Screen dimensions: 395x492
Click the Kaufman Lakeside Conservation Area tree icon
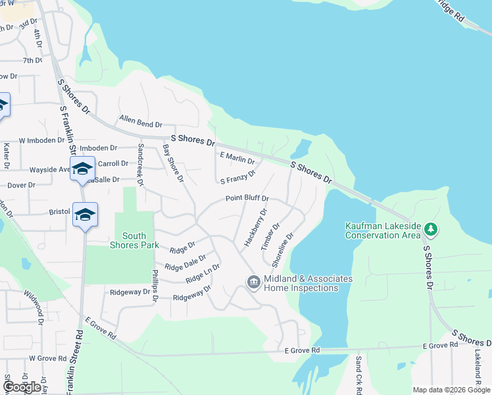pos(431,229)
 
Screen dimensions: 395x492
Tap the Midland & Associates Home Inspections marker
pos(253,282)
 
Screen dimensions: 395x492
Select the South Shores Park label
pos(134,240)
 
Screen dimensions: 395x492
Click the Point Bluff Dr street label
pos(247,198)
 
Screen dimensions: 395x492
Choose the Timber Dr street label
pos(270,236)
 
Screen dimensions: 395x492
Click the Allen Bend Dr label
pos(141,122)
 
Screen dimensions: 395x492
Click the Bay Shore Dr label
pos(172,164)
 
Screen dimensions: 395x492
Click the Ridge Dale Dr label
pos(185,263)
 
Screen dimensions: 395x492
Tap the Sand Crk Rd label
pos(358,371)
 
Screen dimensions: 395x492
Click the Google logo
pos(21,387)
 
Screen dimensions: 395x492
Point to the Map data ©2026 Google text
pos(451,390)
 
